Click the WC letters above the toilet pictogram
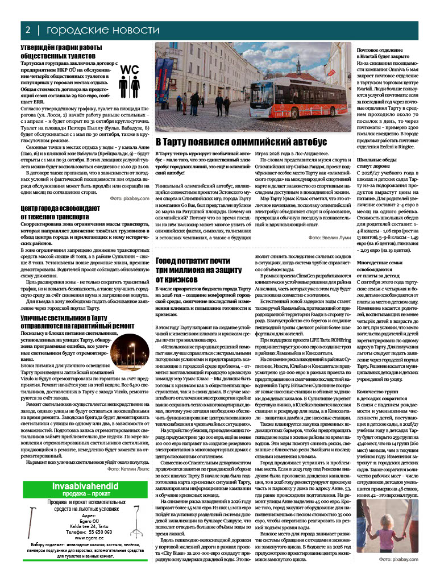click(130, 69)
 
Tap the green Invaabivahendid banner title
click(84, 486)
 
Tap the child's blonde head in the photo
click(403, 512)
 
